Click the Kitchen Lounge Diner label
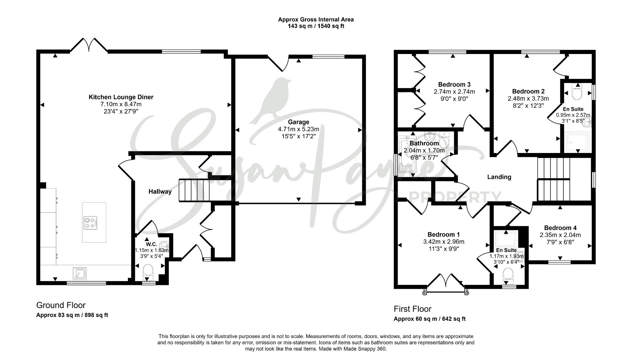121,97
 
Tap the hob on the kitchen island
91,223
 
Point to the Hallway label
160,192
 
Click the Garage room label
299,122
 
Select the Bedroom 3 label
454,84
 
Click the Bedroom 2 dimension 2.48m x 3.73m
528,99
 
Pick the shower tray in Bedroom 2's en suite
577,141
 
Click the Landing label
499,177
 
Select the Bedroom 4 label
560,228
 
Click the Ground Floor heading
61,305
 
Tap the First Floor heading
412,309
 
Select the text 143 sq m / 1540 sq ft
316,26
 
